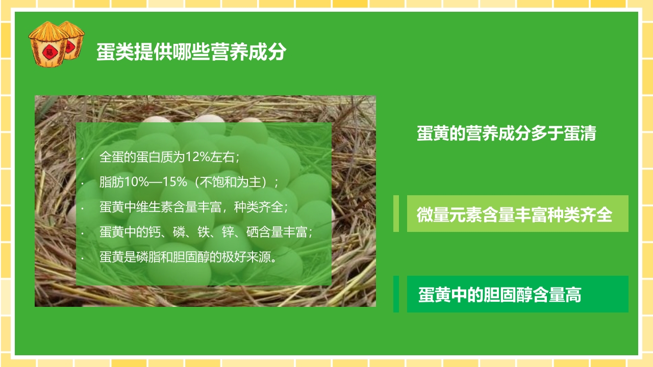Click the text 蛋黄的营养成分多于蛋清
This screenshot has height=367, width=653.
pos(506,134)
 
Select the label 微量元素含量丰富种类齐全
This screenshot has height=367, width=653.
pos(514,214)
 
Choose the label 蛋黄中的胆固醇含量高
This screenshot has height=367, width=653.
pos(500,295)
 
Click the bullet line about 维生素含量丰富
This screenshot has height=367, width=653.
pos(194,207)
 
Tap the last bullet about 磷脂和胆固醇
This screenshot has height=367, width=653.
pos(188,257)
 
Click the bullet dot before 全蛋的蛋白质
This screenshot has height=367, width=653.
pos(82,158)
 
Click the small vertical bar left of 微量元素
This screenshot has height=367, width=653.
pos(396,214)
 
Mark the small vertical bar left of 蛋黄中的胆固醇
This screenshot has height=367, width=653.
pos(396,294)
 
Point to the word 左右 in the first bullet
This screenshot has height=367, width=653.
pos(225,157)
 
